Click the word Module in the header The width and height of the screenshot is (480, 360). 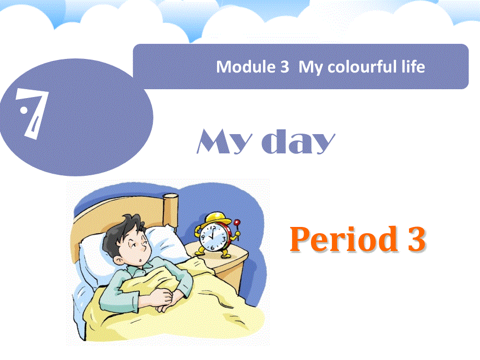(239, 67)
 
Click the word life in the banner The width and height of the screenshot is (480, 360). (414, 67)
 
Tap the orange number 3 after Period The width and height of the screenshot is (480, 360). (415, 240)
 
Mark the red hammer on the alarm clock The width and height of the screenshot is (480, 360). (237, 224)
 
